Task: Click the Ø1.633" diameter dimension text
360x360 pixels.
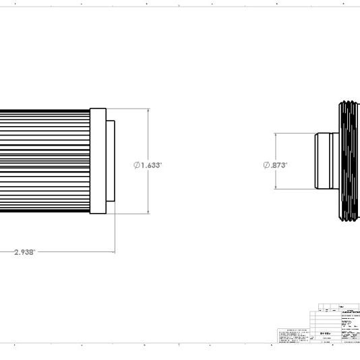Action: point(148,165)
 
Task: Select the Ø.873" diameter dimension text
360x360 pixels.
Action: point(275,165)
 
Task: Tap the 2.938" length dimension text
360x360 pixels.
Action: point(24,252)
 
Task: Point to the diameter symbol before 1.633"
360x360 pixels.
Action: point(137,165)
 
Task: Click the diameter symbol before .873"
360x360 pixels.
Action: point(266,165)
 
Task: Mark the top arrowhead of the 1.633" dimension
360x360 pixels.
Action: point(149,110)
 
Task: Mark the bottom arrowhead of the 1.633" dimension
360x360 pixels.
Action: point(149,212)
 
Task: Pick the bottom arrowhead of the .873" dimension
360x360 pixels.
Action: point(276,187)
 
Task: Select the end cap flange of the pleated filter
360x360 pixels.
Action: point(98,160)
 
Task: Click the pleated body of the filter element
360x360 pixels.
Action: point(44,160)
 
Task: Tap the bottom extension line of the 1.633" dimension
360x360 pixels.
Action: point(131,214)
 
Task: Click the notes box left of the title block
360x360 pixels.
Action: point(295,336)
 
